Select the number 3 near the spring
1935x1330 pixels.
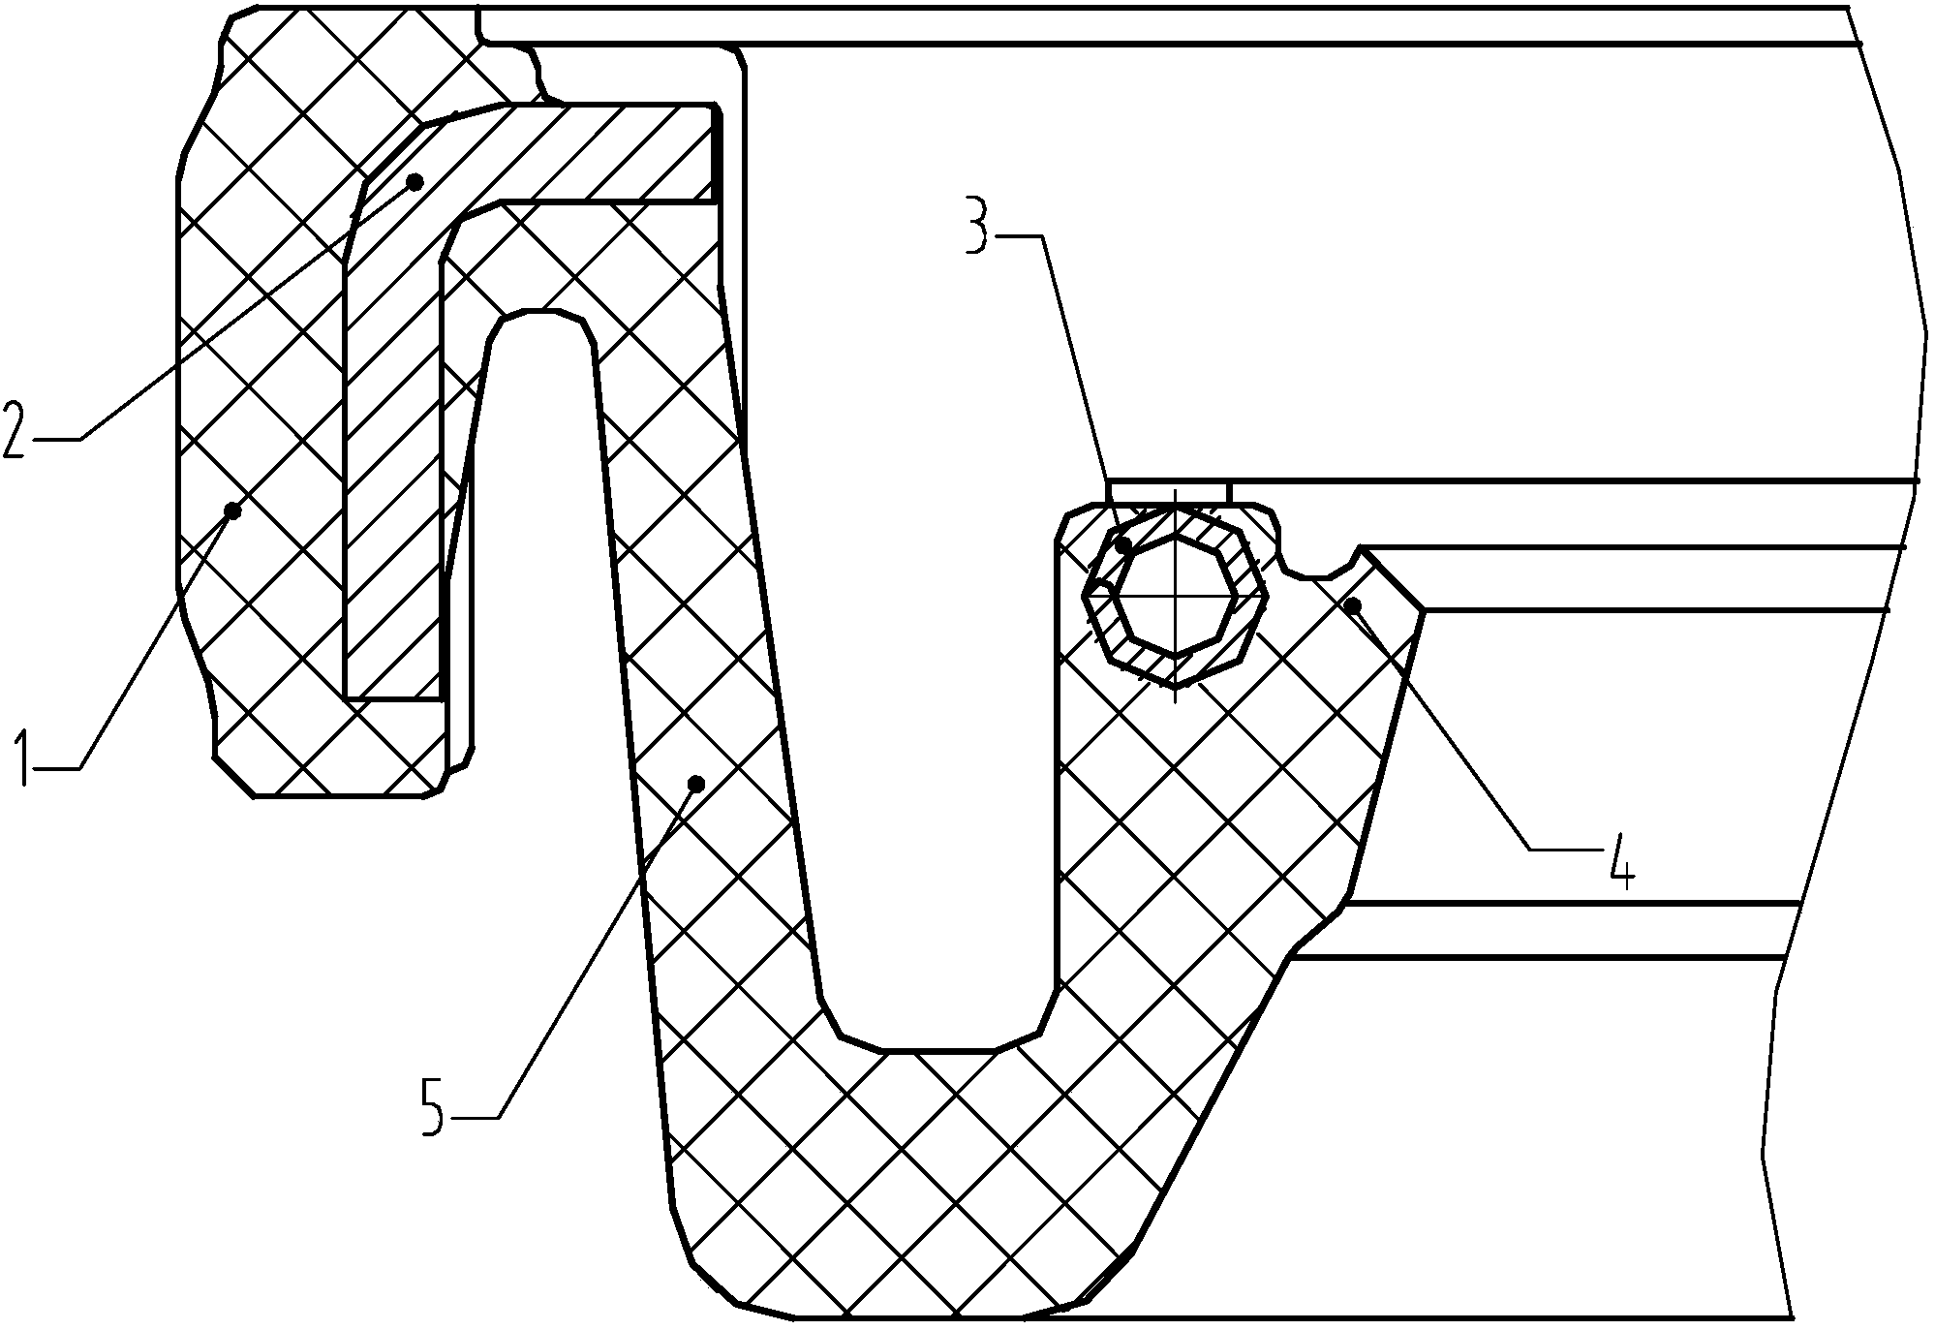[x=981, y=225]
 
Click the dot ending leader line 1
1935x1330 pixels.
[x=232, y=510]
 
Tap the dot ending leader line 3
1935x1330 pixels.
[x=1123, y=545]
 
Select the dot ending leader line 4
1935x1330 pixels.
[x=1353, y=606]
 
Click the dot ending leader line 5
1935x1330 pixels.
[x=694, y=782]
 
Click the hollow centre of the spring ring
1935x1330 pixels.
[x=1175, y=597]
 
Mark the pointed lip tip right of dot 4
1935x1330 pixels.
[x=1421, y=609]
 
